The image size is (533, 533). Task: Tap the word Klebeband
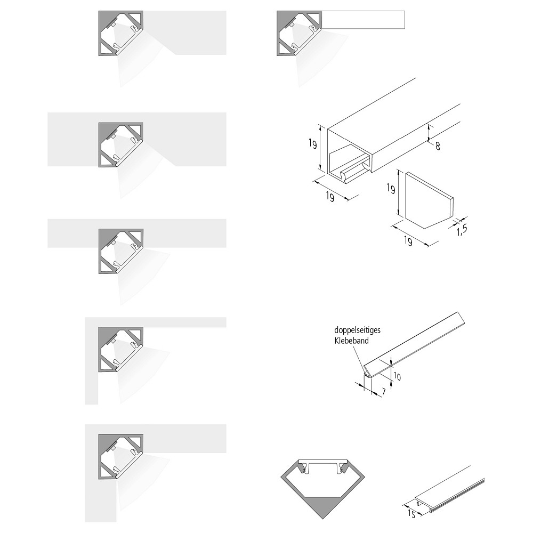click(x=351, y=341)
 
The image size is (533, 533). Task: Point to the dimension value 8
click(x=438, y=146)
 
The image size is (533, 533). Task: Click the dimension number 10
click(x=397, y=376)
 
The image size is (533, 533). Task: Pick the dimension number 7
click(x=383, y=392)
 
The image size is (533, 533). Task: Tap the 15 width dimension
click(x=411, y=514)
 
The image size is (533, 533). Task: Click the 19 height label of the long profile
click(x=313, y=144)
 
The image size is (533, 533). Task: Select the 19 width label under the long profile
click(x=330, y=197)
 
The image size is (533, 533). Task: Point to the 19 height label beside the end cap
click(x=391, y=188)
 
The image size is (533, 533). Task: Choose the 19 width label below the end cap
click(x=408, y=241)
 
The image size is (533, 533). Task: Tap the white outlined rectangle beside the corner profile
click(x=363, y=20)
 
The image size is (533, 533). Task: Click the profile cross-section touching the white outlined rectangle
click(x=299, y=33)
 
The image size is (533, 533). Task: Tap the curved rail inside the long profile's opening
click(x=353, y=172)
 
